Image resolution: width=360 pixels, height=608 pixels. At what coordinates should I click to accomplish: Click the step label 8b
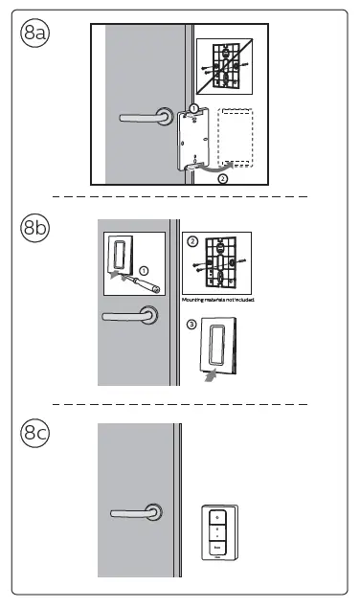pos(35,230)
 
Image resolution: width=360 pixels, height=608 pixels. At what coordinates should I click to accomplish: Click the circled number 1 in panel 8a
pos(193,109)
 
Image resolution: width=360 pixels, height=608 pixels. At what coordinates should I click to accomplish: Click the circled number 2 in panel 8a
pos(223,178)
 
